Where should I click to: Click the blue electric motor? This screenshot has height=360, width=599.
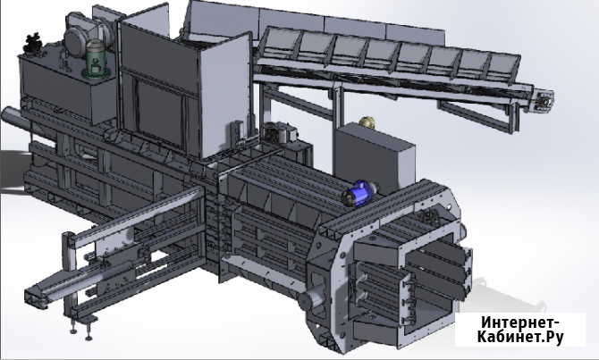click(x=359, y=194)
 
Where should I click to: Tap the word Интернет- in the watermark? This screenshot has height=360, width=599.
click(x=520, y=323)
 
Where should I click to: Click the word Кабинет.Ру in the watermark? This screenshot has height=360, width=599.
click(x=520, y=337)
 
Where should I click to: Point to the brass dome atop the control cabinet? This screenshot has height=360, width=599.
click(x=367, y=121)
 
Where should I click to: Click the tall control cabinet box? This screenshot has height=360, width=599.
click(x=374, y=157)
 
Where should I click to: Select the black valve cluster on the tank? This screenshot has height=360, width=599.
click(x=32, y=43)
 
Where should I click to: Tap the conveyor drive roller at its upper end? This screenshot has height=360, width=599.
click(x=544, y=102)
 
